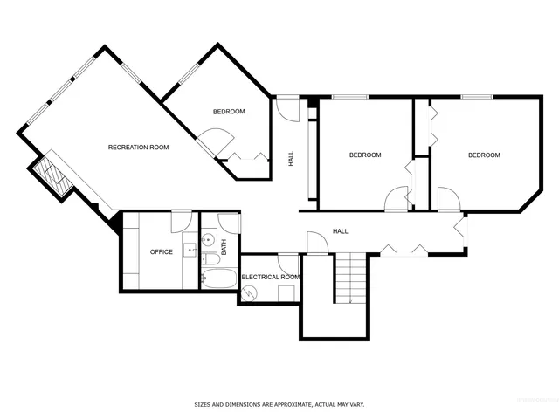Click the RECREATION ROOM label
pyautogui.click(x=138, y=147)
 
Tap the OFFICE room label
pyautogui.click(x=162, y=252)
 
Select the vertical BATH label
pyautogui.click(x=224, y=248)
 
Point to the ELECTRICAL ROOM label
pyautogui.click(x=271, y=277)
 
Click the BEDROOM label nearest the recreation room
pyautogui.click(x=229, y=112)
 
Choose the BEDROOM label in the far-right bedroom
pyautogui.click(x=484, y=155)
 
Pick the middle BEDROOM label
pyautogui.click(x=365, y=155)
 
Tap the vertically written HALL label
pyautogui.click(x=291, y=159)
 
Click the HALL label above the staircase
pyautogui.click(x=341, y=231)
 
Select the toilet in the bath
pyautogui.click(x=212, y=260)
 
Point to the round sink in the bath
pyautogui.click(x=209, y=238)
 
